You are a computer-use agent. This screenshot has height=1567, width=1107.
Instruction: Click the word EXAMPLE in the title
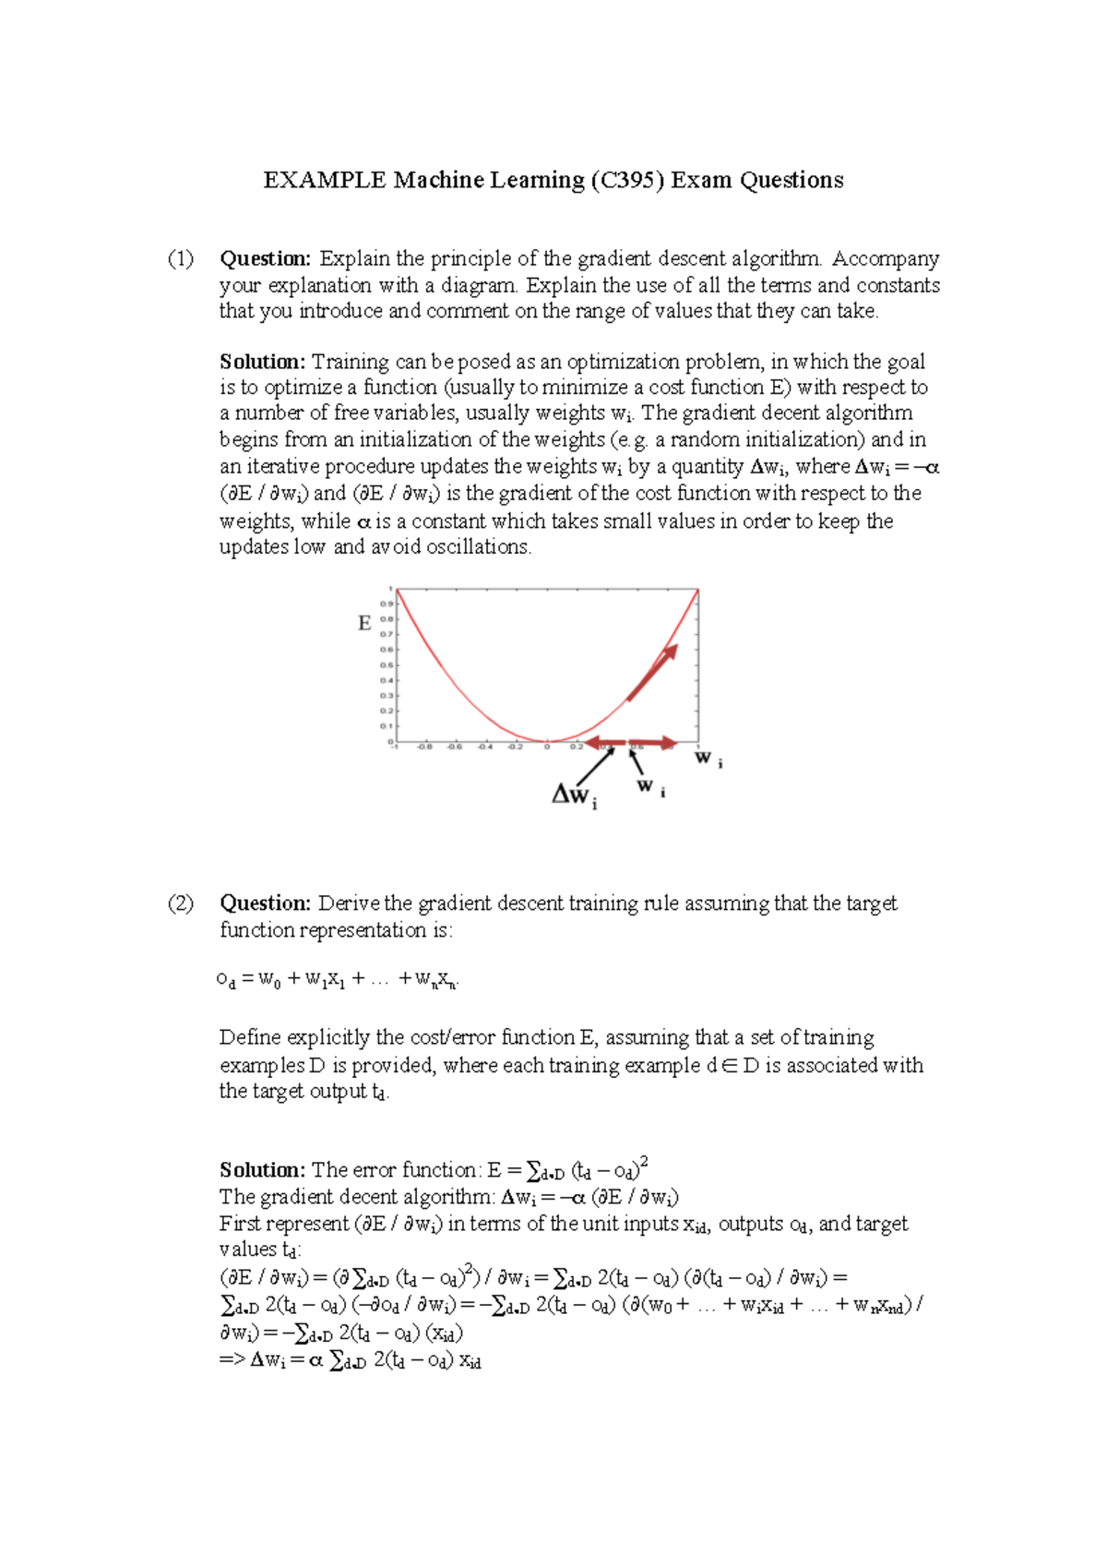click(324, 180)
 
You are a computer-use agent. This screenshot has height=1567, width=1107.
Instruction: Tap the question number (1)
click(181, 258)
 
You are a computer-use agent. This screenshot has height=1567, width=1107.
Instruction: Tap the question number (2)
click(181, 903)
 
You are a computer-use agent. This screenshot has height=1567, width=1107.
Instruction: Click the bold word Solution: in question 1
click(262, 362)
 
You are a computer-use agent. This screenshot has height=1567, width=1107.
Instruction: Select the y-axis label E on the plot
click(364, 624)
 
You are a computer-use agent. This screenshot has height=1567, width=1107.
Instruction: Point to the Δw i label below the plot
click(574, 795)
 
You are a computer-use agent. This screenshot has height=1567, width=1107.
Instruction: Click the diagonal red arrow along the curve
click(653, 672)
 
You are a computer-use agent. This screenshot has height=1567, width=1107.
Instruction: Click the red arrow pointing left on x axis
click(604, 743)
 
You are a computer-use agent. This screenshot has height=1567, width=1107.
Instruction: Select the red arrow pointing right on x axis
click(654, 742)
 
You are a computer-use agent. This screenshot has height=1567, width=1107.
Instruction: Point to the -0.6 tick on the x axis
click(455, 748)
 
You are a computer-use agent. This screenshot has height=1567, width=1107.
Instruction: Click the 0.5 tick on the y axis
click(387, 665)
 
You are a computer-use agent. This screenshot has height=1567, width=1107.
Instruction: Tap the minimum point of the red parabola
click(547, 740)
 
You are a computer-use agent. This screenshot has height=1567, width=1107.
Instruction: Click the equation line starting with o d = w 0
click(338, 980)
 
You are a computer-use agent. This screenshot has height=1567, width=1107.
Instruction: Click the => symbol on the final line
click(231, 1360)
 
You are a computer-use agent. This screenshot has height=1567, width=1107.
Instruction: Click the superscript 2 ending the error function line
click(644, 1161)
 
